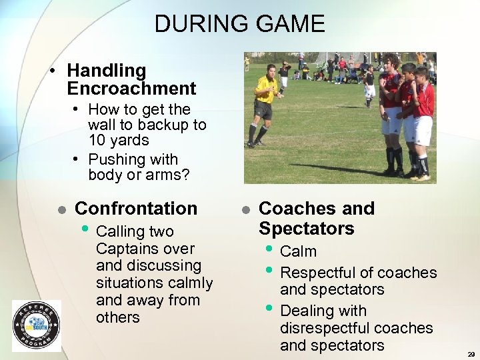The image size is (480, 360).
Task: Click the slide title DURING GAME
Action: point(239,24)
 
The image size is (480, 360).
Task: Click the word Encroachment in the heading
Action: point(131,89)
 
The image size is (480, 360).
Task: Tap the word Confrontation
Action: point(136,209)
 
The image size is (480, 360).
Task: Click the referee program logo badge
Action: point(36,325)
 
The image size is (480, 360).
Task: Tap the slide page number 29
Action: point(471,355)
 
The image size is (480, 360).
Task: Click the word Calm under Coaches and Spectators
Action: point(298,252)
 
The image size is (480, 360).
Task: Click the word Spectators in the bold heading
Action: point(306,229)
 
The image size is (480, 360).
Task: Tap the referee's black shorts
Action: point(263,111)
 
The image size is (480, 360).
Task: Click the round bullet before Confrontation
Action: point(61,209)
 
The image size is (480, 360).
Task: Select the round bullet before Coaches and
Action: point(245,209)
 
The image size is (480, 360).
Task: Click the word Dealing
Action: point(305,311)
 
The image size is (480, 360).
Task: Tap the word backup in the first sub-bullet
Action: point(161,125)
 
